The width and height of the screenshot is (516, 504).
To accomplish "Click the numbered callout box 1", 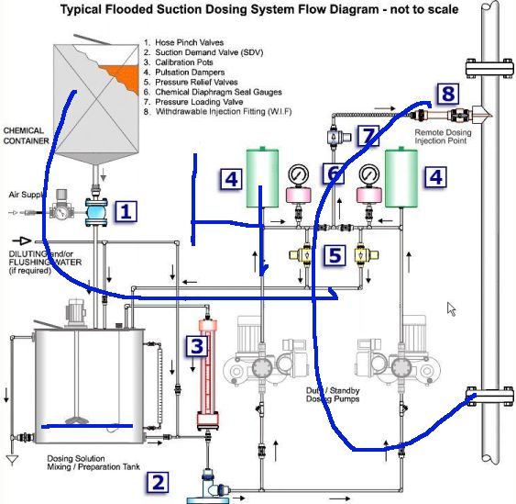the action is point(126,211).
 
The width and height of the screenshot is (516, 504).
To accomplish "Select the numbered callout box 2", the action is point(158,483).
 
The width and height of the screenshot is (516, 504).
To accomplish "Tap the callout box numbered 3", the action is point(197,346).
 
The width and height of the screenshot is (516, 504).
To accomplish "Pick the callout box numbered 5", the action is point(335,255).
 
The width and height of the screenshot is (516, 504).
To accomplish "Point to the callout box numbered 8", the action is point(448,94).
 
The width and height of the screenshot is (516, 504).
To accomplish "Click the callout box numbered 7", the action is point(368,135).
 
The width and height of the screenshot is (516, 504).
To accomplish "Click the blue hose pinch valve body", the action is point(96,212).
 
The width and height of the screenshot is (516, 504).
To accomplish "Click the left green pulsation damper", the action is point(262,178).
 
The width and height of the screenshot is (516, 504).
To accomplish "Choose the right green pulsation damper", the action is point(401,178).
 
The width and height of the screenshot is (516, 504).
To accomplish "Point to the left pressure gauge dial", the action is point(299,174).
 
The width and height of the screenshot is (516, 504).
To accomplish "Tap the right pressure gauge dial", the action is point(369,174).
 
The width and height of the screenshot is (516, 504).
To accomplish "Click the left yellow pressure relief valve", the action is point(301,254).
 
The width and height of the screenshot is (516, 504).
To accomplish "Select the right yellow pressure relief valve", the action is point(367,254).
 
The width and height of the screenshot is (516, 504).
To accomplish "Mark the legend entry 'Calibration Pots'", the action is point(184,62).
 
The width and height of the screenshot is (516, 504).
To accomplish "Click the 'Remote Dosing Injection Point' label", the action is point(443,137).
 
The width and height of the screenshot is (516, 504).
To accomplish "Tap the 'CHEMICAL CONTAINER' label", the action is point(26,136).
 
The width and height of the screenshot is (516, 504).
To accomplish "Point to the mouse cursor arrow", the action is point(451,309).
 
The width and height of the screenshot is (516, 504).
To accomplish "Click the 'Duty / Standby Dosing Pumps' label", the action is point(333,395).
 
